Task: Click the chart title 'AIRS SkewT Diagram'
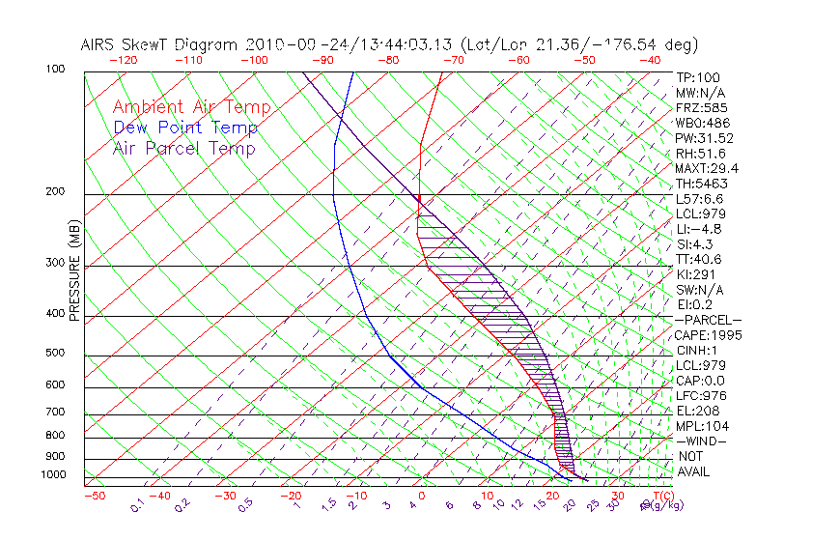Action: [x=160, y=45]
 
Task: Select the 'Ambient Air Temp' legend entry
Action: [x=191, y=107]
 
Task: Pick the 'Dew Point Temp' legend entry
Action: [x=185, y=128]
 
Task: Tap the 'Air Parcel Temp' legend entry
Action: [x=184, y=148]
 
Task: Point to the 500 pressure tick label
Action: [x=55, y=354]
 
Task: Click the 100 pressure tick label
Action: [x=55, y=70]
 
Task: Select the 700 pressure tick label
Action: [x=55, y=413]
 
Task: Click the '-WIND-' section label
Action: [x=701, y=441]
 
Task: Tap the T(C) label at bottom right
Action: [x=661, y=496]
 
